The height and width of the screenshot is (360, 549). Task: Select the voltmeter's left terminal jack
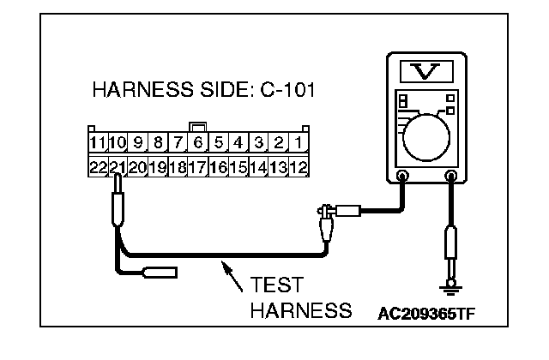point(403,177)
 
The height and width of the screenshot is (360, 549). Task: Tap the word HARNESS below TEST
point(300,309)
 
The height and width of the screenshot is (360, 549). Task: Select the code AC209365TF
point(427,313)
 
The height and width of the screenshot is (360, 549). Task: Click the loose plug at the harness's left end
point(160,273)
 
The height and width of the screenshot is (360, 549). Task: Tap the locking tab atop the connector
point(198,127)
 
